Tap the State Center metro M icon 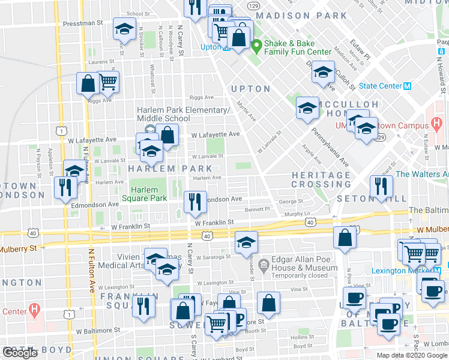click(407, 86)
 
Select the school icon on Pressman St click(124, 29)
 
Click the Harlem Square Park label click(144, 193)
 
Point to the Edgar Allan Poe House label click(304, 268)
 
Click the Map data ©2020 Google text click(412, 355)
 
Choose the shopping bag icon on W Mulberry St click(345, 238)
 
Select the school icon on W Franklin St click(246, 242)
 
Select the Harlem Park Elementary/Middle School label click(183, 114)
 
